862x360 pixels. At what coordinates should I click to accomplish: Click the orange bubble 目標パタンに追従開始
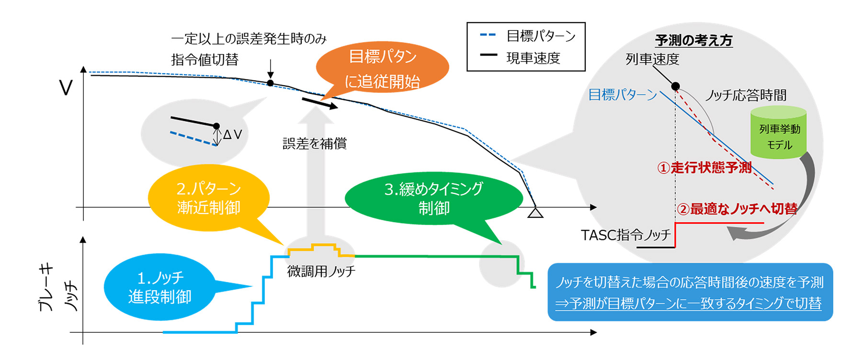tap(382, 68)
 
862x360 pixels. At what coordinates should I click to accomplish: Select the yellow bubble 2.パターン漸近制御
tap(209, 198)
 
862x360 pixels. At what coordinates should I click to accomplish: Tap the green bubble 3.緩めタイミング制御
tap(433, 198)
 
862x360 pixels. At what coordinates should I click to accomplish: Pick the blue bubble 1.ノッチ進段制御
tap(159, 287)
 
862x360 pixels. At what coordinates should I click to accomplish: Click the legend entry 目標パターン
tap(541, 36)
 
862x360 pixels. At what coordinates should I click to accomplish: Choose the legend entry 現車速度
tap(533, 58)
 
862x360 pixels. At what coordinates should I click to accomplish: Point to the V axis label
tap(66, 88)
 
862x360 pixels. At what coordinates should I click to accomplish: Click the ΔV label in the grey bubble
tap(232, 135)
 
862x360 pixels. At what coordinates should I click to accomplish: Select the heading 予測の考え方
tap(693, 41)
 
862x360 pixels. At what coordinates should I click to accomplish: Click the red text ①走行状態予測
tap(704, 168)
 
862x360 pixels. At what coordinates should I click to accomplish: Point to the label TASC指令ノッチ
tap(626, 235)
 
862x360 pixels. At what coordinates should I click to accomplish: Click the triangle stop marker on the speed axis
tap(535, 213)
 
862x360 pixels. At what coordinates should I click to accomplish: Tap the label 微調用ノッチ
tap(321, 271)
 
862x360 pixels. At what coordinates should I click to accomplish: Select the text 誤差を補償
tap(315, 144)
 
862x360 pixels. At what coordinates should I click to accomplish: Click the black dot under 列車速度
tap(675, 86)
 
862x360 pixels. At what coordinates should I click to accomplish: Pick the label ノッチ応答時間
tap(746, 96)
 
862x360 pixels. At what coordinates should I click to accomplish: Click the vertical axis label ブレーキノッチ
tap(57, 287)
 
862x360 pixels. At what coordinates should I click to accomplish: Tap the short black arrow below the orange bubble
tap(319, 103)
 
